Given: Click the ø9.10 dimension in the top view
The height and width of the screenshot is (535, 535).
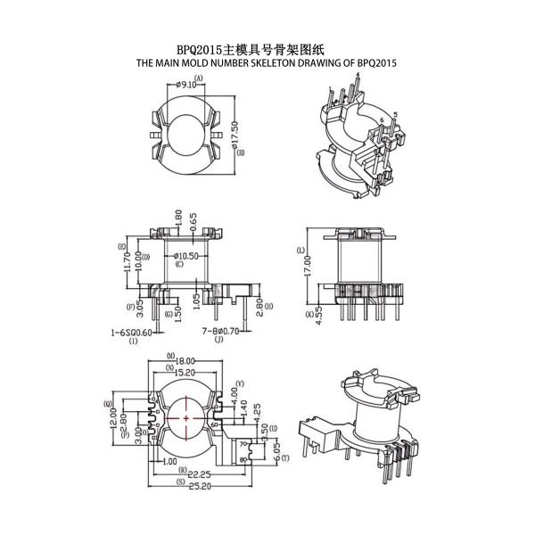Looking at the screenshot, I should (x=187, y=85).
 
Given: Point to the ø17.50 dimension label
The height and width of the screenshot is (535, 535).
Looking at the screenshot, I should (x=235, y=135).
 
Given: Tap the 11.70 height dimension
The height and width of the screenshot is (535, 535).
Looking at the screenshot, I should (x=128, y=260).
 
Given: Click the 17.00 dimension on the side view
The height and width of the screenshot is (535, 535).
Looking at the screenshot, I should (x=308, y=264).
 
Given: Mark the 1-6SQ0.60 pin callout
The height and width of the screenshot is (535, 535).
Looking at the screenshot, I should (x=131, y=332).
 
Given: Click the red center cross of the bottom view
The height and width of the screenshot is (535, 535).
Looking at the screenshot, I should (x=185, y=416).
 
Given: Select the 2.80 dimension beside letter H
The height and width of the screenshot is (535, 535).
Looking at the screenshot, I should (x=259, y=309).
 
